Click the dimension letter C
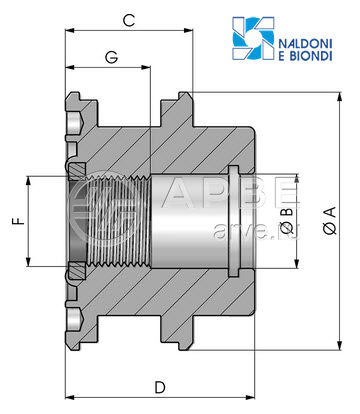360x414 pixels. tap(129, 20)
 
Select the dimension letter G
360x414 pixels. tap(112, 57)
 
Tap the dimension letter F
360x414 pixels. tap(19, 221)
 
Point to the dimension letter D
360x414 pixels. tap(160, 387)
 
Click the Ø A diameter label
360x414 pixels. tap(330, 220)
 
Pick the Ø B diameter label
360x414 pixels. tap(288, 221)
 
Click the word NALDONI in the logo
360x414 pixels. tap(305, 44)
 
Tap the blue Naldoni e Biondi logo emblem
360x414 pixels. tap(253, 38)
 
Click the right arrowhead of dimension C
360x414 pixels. tap(189, 31)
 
